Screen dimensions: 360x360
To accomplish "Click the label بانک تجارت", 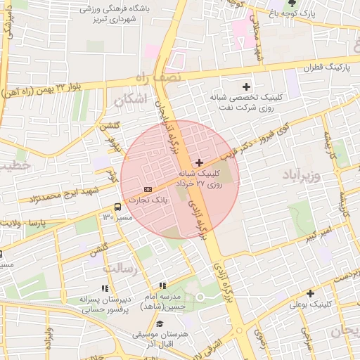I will coord(148,200).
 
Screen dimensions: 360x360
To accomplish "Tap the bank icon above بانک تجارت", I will coord(147,190).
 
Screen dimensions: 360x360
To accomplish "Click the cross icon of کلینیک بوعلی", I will coord(310,293).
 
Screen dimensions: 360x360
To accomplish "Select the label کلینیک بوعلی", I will coord(310,304).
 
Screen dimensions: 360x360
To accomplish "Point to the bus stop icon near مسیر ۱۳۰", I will coord(117,207).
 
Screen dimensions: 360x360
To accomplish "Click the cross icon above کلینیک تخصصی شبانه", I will coord(246,86).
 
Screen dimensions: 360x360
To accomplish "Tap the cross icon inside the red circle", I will coord(200,162).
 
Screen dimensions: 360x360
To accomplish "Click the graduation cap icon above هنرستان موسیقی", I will coord(160,325).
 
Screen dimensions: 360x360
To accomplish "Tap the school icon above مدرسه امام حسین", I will coord(162,285).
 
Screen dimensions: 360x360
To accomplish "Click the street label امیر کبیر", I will coord(319,235).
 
